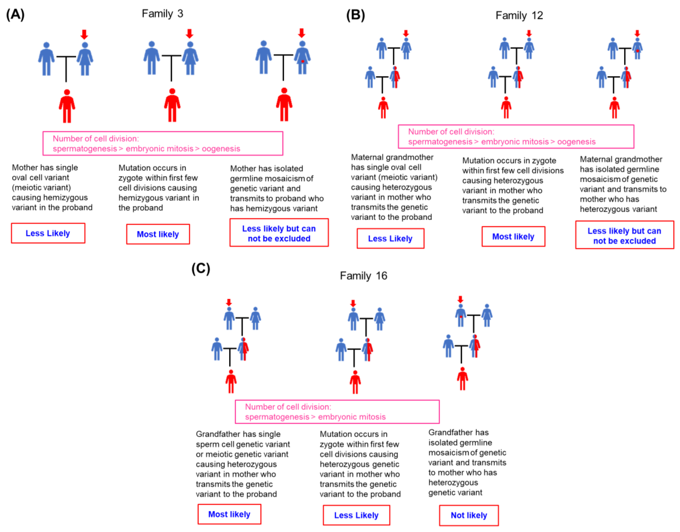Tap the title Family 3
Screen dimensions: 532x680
162,14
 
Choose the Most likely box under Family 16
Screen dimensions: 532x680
229,514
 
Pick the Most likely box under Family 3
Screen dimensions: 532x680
158,234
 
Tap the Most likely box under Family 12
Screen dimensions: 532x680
513,237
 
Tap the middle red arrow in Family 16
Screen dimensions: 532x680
353,303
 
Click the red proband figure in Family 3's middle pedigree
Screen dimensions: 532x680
172,105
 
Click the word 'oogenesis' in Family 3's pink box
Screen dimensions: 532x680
221,149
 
